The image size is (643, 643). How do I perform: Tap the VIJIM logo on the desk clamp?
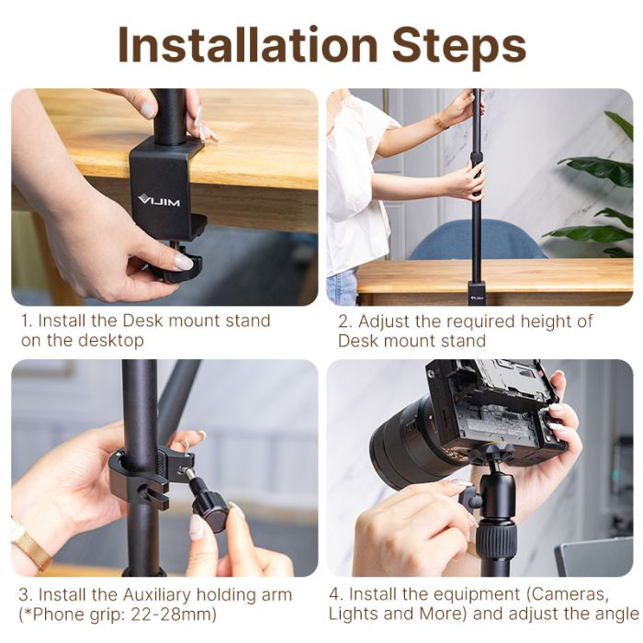[154, 197]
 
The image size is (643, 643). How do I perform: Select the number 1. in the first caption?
[28, 321]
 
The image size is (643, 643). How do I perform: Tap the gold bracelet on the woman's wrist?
[442, 121]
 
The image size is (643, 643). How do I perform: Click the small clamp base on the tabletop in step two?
[477, 293]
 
